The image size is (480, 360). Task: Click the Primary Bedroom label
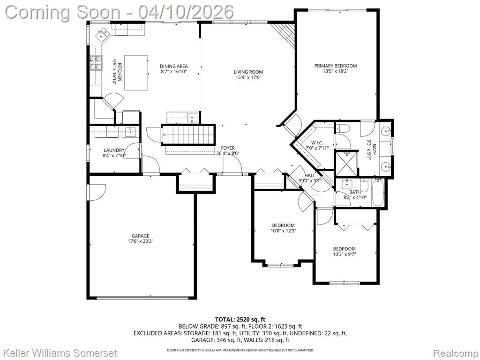pos(336,66)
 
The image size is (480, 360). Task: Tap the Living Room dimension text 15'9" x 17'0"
pos(248,77)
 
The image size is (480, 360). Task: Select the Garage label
pos(141,236)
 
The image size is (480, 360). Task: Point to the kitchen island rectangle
pos(136,73)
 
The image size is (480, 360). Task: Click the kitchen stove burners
pos(96,63)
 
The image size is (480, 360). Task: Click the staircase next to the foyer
pos(188,134)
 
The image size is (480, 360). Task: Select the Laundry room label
pos(114,150)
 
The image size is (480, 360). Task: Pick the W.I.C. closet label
pos(317,142)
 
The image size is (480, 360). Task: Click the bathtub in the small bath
pos(378,193)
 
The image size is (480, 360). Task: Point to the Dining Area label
pos(174,66)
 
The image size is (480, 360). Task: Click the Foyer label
pos(228,148)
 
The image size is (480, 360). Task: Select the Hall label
pos(310,175)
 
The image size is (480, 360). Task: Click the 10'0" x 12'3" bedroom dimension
pos(284,231)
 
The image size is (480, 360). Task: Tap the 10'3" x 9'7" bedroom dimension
pos(345,254)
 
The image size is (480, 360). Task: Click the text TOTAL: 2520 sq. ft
pos(240,320)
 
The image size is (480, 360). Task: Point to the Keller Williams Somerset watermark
pos(60,353)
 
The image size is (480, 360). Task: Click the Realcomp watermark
pos(455,353)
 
